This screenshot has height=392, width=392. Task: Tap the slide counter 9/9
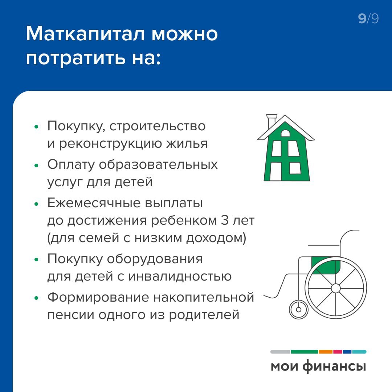coord(368,19)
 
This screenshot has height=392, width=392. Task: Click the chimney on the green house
coord(271,121)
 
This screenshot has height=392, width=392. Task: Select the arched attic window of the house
coord(286,133)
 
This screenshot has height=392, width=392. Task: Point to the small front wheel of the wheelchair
coord(298,310)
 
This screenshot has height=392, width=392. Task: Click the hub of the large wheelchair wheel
coord(336,288)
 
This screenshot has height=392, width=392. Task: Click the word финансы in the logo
coord(334,367)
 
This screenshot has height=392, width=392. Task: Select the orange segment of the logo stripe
coord(325,352)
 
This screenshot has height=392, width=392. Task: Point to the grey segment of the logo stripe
coord(280,352)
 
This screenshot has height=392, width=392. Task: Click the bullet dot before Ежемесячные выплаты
coord(37,204)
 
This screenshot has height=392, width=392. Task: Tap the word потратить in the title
coord(75,59)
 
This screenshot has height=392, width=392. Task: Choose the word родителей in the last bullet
coord(204,315)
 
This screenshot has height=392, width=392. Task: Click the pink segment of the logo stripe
coord(338,352)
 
